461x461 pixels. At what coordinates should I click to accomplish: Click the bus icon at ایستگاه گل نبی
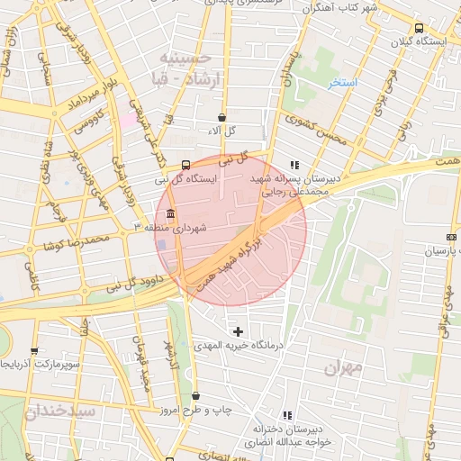[185, 165]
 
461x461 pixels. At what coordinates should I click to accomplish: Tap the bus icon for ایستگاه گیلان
[418, 28]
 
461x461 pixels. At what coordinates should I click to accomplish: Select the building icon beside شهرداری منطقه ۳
[170, 214]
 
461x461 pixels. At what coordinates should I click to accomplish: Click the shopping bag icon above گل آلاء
[221, 117]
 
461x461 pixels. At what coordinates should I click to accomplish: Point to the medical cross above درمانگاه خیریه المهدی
[238, 332]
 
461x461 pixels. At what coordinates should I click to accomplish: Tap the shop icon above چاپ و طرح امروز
[195, 396]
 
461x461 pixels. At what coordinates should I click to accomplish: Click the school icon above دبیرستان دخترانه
[287, 415]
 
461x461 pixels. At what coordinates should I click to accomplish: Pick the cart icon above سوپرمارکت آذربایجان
[34, 351]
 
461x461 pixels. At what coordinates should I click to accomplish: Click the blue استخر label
[344, 84]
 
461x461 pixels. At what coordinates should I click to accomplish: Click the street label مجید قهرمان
[142, 366]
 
